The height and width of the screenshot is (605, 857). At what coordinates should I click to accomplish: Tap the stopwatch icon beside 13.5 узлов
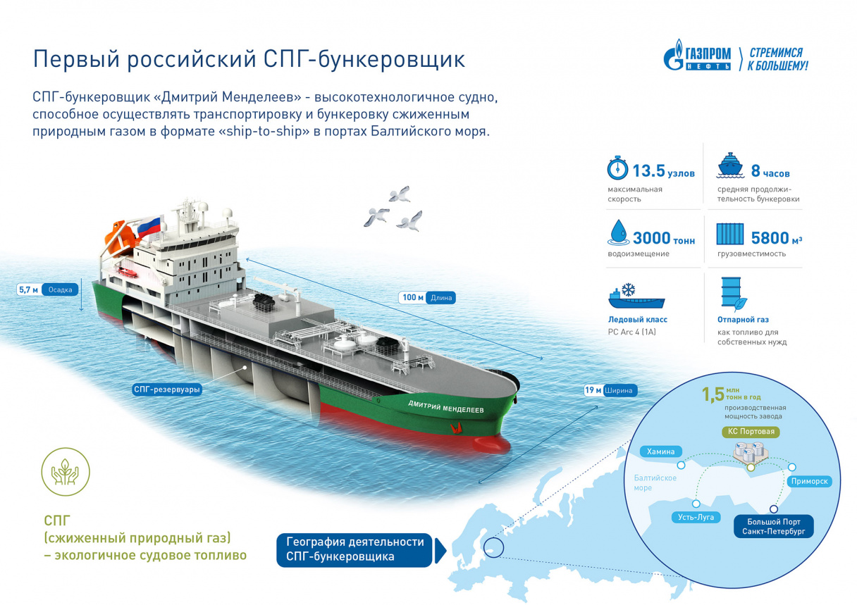point(617,168)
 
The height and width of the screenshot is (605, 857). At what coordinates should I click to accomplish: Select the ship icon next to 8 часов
point(730,166)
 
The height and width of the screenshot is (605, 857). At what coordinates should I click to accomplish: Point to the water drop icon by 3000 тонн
point(618,232)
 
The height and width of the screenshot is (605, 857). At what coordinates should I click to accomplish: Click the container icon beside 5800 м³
point(730,234)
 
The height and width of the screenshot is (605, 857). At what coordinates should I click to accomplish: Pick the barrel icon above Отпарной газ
point(734,293)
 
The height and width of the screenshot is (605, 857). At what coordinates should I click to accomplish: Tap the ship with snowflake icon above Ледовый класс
point(636,296)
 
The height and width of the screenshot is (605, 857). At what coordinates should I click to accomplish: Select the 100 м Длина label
point(427,297)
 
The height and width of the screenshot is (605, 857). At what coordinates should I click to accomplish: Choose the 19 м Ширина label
point(610,390)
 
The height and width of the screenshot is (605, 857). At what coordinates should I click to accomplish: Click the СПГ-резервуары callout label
point(167,389)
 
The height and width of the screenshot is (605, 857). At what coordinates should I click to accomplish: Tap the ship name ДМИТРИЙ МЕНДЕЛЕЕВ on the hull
point(446,407)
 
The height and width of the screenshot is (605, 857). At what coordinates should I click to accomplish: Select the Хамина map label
point(660,451)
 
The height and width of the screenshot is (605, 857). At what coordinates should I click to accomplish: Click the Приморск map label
point(809,482)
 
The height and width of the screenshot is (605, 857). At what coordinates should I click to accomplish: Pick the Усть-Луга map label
point(696,517)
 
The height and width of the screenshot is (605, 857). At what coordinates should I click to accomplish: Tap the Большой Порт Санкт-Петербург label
point(774,527)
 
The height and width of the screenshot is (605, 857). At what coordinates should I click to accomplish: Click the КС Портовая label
point(751,432)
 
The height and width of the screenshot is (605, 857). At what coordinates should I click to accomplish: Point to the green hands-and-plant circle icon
point(66,472)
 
